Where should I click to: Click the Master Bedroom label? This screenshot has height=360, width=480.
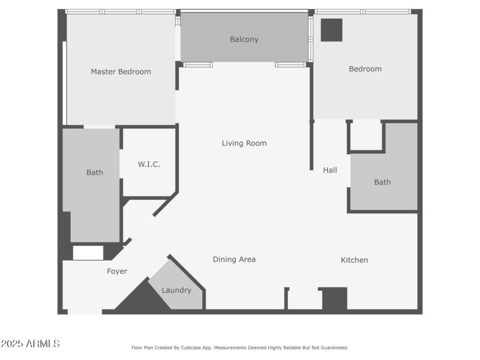(x=121, y=71)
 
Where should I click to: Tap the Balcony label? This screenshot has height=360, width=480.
(x=244, y=40)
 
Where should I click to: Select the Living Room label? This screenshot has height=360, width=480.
(x=244, y=143)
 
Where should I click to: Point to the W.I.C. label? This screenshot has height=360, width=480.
(x=149, y=164)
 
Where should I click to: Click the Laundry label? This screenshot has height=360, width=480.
(x=176, y=290)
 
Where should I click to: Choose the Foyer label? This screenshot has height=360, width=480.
(x=117, y=271)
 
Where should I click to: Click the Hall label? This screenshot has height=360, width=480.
(x=330, y=170)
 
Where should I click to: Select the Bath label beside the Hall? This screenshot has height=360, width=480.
(x=382, y=182)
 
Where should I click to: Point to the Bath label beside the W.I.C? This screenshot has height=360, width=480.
(x=95, y=172)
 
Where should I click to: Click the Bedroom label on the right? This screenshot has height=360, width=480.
(x=365, y=69)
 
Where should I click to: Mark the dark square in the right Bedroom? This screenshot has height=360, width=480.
(x=331, y=30)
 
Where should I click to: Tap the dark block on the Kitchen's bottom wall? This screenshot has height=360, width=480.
(x=335, y=298)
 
